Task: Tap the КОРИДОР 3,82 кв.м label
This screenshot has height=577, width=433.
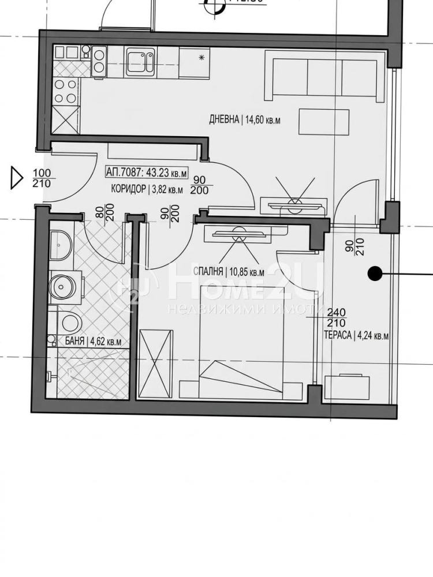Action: (147, 189)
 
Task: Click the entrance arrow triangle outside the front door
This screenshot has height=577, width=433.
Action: (16, 178)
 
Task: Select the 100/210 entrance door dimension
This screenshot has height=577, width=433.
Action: (42, 178)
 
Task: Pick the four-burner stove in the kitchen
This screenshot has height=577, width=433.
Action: (66, 91)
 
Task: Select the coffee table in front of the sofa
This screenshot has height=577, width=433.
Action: (324, 122)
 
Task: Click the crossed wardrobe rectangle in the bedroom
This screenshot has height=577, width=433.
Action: (155, 364)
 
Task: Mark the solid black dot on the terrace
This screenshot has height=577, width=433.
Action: (374, 273)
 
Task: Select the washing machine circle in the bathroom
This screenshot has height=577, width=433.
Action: (63, 284)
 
